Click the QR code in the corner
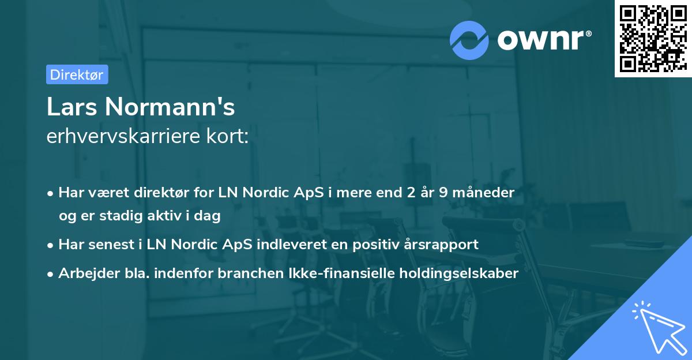coord(653,39)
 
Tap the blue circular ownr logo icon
coord(469,40)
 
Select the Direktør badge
coord(77,74)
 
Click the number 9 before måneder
coord(442,192)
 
